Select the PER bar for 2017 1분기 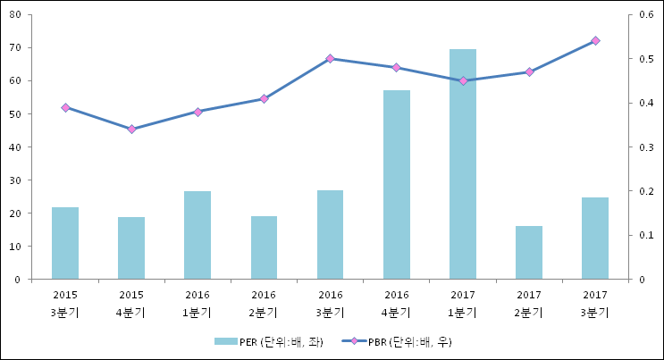(463, 164)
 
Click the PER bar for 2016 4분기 (397, 185)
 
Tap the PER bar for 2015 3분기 (65, 243)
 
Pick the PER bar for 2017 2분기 (529, 253)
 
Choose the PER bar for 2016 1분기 (198, 235)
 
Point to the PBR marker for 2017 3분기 (595, 41)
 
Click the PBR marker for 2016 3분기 (330, 59)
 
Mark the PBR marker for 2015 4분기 (131, 130)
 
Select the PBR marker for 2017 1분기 (463, 81)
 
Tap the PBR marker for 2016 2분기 (264, 98)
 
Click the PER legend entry (268, 341)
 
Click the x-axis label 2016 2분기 (264, 303)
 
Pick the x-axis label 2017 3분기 (595, 303)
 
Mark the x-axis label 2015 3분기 (65, 303)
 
